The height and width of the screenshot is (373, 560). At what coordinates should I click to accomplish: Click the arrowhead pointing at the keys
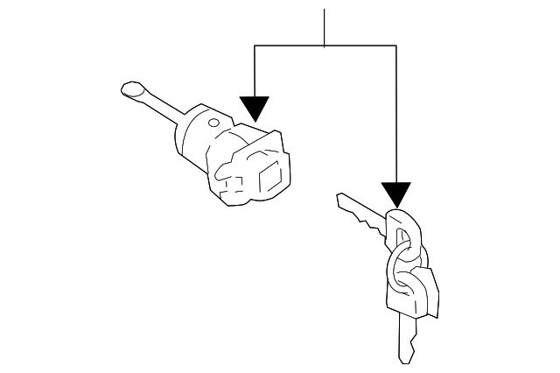pos(396,194)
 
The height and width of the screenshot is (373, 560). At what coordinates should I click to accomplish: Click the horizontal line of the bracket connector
pos(325,46)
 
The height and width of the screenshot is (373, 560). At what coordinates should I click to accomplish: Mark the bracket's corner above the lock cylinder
pos(254,46)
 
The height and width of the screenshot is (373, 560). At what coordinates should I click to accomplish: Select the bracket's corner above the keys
pos(396,46)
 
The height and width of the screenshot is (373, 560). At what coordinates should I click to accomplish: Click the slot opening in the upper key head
pos(402,237)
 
